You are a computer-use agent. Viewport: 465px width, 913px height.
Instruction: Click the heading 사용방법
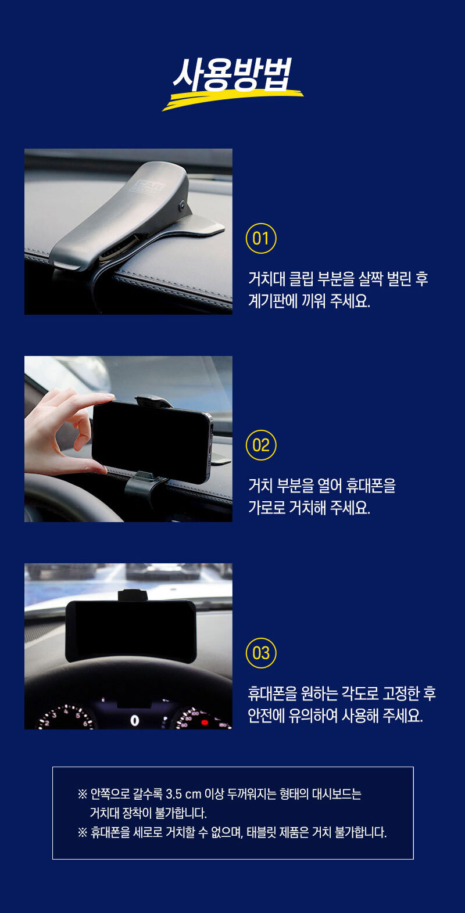(x=233, y=74)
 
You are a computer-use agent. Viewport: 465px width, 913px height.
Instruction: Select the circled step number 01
(x=261, y=239)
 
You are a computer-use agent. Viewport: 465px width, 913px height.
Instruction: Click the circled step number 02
(x=261, y=445)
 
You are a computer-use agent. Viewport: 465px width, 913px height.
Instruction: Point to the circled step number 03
(x=261, y=653)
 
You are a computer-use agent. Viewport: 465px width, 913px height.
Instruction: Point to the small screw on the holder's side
(x=181, y=206)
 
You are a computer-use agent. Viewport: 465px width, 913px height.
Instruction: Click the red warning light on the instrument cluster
(x=205, y=723)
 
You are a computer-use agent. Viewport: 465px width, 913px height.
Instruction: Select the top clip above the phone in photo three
(x=133, y=595)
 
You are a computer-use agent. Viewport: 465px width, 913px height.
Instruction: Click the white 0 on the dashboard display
(x=135, y=721)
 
